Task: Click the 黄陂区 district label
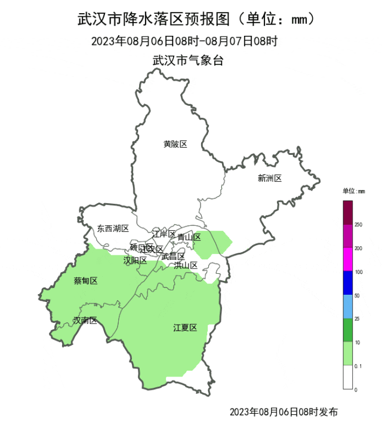(175, 144)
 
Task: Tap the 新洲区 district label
(269, 178)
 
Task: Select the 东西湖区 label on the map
(113, 228)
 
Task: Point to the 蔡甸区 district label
(85, 281)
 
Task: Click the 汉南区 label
(85, 320)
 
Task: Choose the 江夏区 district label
(185, 327)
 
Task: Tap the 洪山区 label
(186, 265)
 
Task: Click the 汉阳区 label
(135, 261)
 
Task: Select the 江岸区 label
(164, 234)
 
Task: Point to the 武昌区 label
(173, 256)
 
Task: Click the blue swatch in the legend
(347, 283)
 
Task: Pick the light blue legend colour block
(347, 307)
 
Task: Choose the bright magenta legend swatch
(347, 260)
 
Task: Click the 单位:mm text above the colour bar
(353, 191)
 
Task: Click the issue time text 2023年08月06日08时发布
(283, 412)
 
